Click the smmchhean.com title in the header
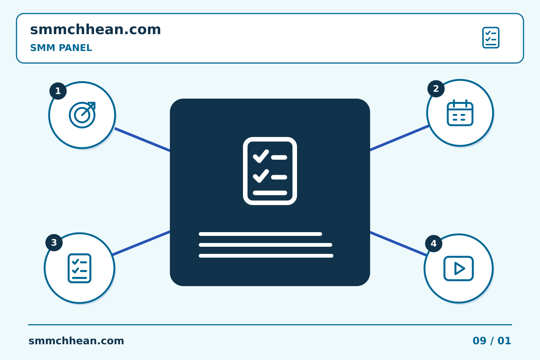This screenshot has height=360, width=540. [x=96, y=29]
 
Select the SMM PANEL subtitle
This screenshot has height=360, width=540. [x=61, y=48]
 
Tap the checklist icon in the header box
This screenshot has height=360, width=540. [x=491, y=37]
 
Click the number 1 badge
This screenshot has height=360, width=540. [x=58, y=91]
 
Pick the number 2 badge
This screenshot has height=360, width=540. [x=436, y=89]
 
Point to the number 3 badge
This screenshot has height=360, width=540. [x=54, y=243]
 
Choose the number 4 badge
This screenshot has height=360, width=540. [x=433, y=243]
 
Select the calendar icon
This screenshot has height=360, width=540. [x=460, y=113]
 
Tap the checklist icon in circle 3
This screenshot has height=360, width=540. [x=79, y=268]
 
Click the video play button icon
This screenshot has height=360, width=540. [x=459, y=268]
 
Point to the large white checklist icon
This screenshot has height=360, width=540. [x=270, y=171]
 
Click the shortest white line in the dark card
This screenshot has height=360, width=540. [x=260, y=234]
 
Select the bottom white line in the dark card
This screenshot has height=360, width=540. [x=266, y=256]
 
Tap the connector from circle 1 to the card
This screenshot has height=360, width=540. [x=142, y=139]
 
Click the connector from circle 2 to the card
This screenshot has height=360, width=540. [x=399, y=138]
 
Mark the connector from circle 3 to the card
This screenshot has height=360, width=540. [x=141, y=243]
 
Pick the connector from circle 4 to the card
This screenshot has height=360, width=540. [x=398, y=243]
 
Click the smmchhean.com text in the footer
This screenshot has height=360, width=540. [x=76, y=341]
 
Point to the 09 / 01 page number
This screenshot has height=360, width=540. [x=492, y=341]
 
